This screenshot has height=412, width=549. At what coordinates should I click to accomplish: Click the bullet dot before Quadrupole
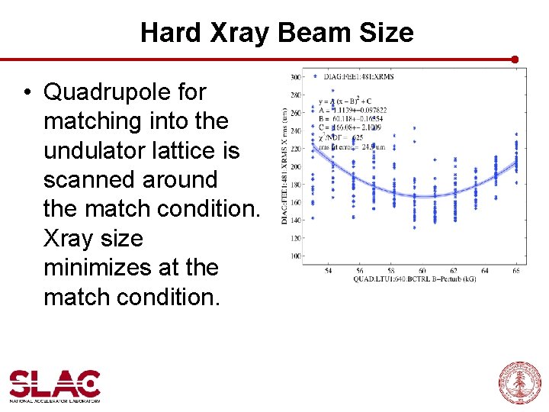[27, 92]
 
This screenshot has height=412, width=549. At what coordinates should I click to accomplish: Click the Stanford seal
[519, 382]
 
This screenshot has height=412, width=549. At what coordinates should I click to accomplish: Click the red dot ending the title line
[515, 59]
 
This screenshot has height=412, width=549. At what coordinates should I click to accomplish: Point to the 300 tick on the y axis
[295, 78]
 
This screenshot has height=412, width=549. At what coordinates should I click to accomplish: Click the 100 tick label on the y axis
[295, 256]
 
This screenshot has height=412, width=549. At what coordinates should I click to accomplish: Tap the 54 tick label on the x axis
[328, 271]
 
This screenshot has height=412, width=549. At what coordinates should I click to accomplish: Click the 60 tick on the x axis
[422, 271]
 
